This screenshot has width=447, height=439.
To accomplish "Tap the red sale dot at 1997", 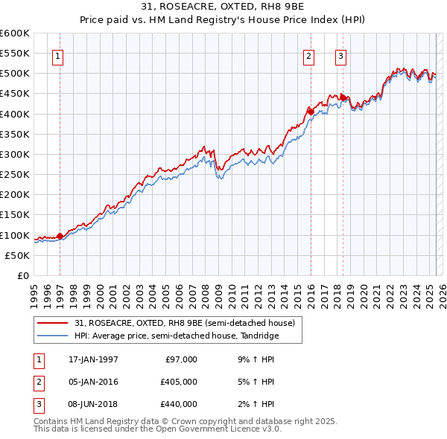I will click(x=60, y=237).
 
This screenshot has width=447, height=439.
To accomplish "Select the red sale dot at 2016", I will click(x=310, y=112).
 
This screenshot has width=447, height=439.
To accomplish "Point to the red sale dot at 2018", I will click(x=343, y=97).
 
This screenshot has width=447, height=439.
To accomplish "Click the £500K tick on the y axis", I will click(x=15, y=74).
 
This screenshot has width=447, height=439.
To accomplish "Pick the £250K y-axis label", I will click(x=15, y=175).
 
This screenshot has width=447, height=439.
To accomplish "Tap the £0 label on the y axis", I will click(x=23, y=275).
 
